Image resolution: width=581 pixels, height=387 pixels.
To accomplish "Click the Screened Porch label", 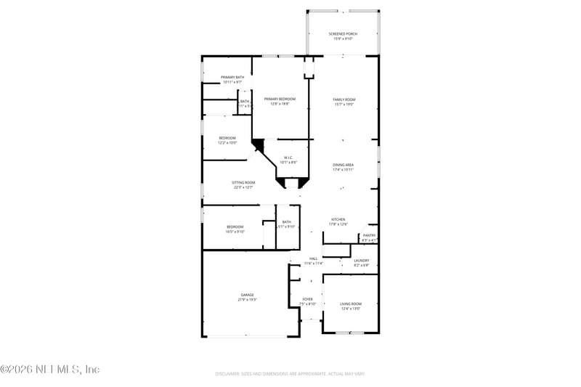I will (343, 33).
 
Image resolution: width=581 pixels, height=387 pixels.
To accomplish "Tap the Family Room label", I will (344, 99).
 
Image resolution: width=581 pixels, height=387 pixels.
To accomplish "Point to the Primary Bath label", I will (232, 77).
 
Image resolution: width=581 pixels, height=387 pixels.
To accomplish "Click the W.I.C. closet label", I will (288, 158).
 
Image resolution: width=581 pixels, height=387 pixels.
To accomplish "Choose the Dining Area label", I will (344, 165).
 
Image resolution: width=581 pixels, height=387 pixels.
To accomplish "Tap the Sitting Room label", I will (243, 182).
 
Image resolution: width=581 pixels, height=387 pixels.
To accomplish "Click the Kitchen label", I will (338, 219).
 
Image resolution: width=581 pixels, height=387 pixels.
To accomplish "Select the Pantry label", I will (370, 235).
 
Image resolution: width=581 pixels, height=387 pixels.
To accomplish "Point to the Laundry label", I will (361, 260).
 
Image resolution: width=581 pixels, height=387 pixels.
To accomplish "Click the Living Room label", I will (351, 304).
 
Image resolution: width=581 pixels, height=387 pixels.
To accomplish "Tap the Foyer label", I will (308, 299).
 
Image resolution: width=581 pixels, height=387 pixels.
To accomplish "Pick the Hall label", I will (314, 258).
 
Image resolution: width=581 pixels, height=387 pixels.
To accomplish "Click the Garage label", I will (248, 295).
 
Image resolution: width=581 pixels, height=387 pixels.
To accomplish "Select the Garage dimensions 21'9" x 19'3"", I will (248, 299).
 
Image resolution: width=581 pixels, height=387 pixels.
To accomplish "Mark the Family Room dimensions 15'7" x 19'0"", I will (344, 104).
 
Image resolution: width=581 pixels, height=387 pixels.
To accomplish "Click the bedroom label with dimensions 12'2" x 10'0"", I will (227, 138).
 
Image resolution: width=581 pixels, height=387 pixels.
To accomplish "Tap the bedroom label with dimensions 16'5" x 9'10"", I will (234, 227).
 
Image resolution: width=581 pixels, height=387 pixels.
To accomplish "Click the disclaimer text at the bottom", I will (290, 374).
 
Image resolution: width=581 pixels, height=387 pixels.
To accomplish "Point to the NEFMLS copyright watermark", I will (49, 370).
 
